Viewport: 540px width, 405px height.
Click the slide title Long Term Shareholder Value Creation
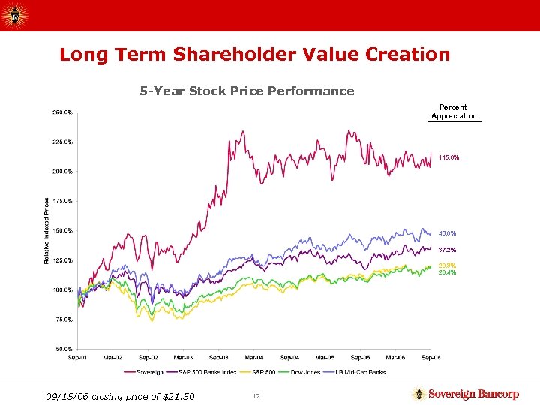pos(254,55)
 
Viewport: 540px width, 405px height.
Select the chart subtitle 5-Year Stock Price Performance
pos(247,91)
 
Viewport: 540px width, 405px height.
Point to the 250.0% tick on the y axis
pos(62,112)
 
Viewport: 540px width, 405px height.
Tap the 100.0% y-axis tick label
pos(62,289)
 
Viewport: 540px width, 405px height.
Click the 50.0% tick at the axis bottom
pos(64,349)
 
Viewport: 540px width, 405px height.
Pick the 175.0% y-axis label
pos(62,201)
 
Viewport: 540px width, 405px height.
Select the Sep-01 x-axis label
pos(77,358)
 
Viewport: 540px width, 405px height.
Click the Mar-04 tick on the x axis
pos(254,358)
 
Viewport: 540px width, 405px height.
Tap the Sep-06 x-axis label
pos(430,358)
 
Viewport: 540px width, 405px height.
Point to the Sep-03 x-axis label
pos(219,358)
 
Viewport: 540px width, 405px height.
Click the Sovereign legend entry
pos(149,372)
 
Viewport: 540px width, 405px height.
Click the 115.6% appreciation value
pos(448,157)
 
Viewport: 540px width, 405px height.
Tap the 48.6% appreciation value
pos(448,233)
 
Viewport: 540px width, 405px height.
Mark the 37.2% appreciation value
pos(448,250)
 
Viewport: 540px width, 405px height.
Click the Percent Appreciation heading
pos(454,112)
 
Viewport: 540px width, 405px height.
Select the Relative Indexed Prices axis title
pos(46,230)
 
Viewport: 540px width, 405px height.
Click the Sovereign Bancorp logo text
pos(472,394)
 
